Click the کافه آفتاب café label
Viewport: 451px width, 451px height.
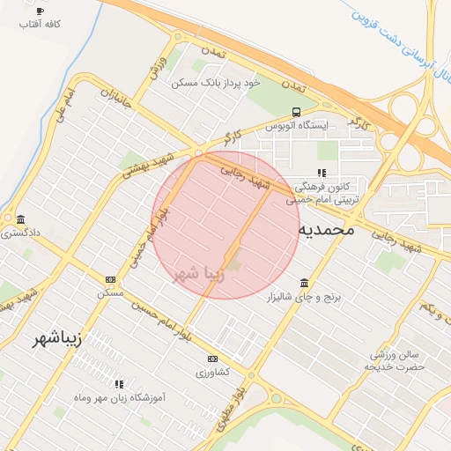pos(40,26)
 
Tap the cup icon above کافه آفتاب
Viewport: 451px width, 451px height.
pos(40,11)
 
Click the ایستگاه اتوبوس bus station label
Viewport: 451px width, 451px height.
pos(296,126)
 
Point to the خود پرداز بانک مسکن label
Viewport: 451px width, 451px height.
pos(217,82)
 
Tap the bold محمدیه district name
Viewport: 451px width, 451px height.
pos(325,229)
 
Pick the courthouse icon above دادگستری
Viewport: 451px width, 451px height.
pos(19,219)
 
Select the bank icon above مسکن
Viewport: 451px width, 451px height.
pos(109,279)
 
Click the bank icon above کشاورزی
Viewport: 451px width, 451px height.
pos(212,359)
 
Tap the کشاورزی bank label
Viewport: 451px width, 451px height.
pos(212,373)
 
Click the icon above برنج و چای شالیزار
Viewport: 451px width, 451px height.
pos(305,283)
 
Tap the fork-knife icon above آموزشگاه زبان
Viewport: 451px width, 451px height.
pos(119,384)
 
